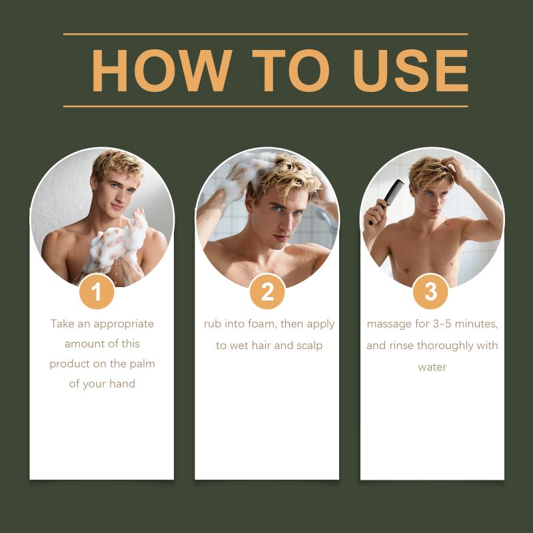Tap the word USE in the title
tap(411, 71)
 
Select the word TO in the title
tap(291, 71)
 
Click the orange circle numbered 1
tap(97, 292)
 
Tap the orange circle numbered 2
tap(267, 292)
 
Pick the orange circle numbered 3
tap(430, 292)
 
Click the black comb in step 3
tap(388, 201)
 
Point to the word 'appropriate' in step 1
tap(123, 324)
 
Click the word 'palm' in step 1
tap(142, 364)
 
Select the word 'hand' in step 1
tap(122, 384)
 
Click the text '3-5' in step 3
tap(442, 324)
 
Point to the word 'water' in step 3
tap(432, 368)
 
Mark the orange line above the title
tap(265, 34)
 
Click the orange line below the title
tap(265, 107)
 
